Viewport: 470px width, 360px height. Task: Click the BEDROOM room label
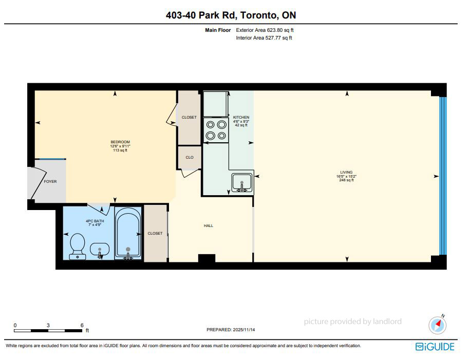tap(120, 142)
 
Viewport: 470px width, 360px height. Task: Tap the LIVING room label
tap(346, 173)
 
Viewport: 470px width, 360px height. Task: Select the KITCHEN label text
tap(241, 118)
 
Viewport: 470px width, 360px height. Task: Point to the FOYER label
tap(50, 182)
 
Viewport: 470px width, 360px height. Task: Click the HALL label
tap(209, 226)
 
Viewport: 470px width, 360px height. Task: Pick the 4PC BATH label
tap(95, 221)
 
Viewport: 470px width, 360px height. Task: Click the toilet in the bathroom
tap(78, 247)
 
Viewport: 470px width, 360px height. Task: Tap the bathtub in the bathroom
tap(128, 234)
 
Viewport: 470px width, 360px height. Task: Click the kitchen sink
tap(242, 182)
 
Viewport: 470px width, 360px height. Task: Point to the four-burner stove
tap(216, 130)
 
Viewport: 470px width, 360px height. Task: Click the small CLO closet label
tap(190, 157)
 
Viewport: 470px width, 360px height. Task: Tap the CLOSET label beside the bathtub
tap(155, 234)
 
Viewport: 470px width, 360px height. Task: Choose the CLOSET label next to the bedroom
tap(189, 118)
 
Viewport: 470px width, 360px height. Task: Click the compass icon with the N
tap(437, 325)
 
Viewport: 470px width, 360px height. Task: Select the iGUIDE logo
tap(435, 347)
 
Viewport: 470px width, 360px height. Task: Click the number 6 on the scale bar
tap(82, 325)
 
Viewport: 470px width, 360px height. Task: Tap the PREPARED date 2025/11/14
tap(244, 330)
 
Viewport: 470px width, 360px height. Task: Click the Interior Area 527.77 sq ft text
tap(264, 38)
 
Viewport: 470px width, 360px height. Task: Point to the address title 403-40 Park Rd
tap(201, 15)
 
